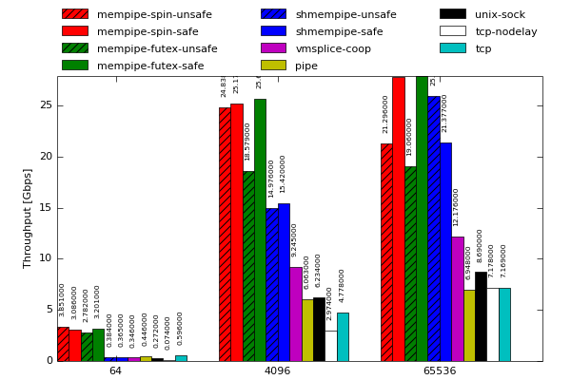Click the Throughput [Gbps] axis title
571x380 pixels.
pos(29,218)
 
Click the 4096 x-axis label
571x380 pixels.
pos(277,370)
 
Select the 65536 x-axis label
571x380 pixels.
pos(440,370)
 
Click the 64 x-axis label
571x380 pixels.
pos(115,370)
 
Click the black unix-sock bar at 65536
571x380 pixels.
pos(481,317)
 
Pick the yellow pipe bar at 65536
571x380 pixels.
pos(469,326)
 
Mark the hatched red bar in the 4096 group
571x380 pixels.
pos(225,235)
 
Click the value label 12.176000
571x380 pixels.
pos(457,206)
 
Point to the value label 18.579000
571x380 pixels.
pos(247,141)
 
